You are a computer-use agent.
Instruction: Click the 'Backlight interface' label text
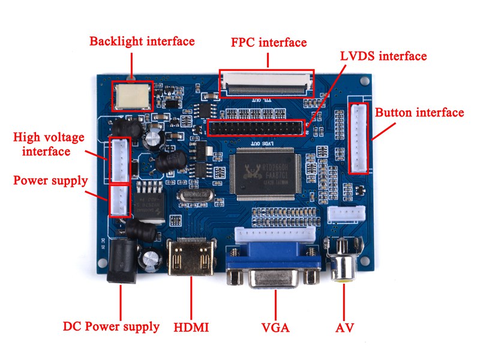tap(142, 41)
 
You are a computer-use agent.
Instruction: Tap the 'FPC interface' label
tap(269, 43)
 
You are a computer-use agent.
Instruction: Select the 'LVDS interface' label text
tap(383, 56)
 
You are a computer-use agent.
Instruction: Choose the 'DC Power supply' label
tap(112, 327)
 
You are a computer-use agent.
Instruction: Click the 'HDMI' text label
tap(191, 328)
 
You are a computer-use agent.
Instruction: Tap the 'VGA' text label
tap(275, 328)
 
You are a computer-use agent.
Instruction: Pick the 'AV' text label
tap(344, 328)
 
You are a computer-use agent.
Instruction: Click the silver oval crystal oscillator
tap(196, 196)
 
